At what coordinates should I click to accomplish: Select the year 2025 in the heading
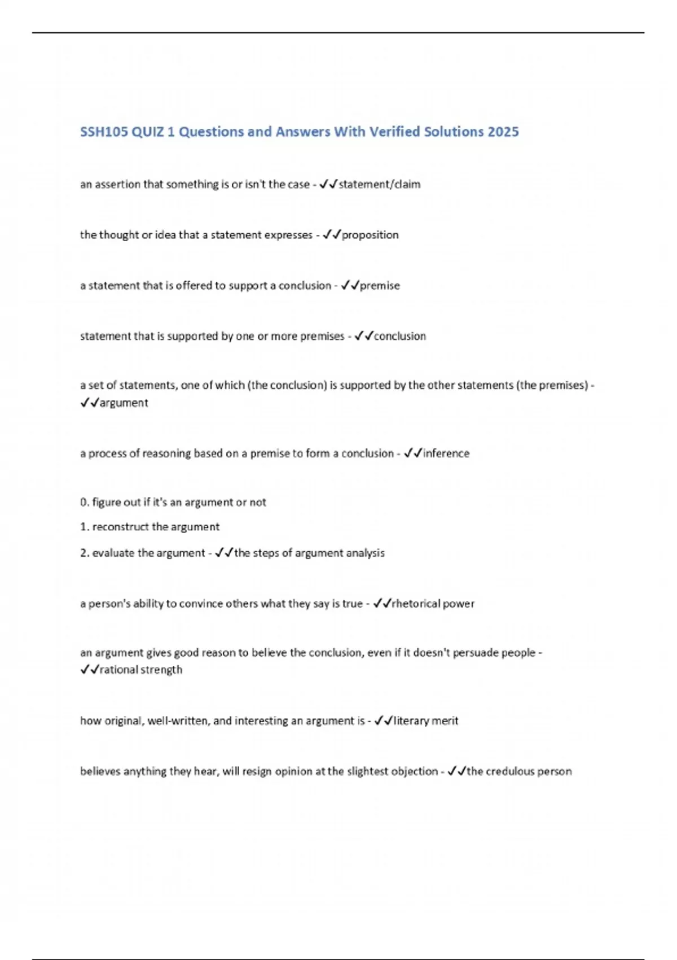pos(503,132)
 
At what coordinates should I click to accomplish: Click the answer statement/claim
pos(379,184)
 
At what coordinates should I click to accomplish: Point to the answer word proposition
pos(370,235)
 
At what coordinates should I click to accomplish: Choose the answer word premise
pos(380,286)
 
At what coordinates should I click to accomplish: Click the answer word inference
pos(446,453)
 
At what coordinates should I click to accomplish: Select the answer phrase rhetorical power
pos(433,604)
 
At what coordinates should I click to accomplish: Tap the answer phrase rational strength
pos(141,670)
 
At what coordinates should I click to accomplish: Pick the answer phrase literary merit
pos(426,721)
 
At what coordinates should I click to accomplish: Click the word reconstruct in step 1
pos(121,527)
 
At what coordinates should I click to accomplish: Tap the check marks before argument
pos(90,403)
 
